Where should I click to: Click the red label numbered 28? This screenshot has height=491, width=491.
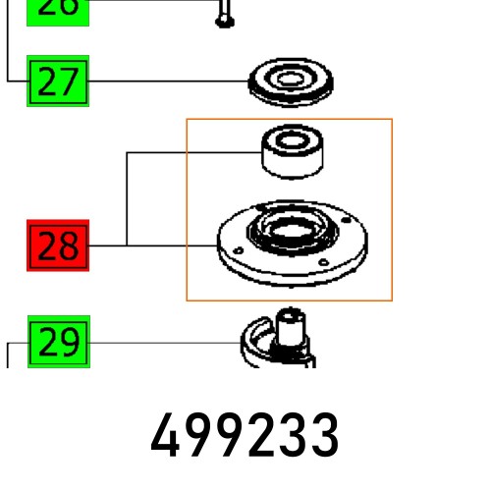coord(58,245)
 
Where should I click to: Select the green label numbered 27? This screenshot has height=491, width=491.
coord(58,82)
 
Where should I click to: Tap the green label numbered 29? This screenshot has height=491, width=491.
coord(58,343)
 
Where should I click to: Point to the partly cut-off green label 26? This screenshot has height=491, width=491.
coord(58,9)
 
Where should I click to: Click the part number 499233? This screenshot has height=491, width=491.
coord(245,436)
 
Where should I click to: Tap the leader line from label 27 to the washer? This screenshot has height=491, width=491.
coord(167,82)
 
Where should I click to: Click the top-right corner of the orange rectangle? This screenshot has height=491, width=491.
coord(392,120)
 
